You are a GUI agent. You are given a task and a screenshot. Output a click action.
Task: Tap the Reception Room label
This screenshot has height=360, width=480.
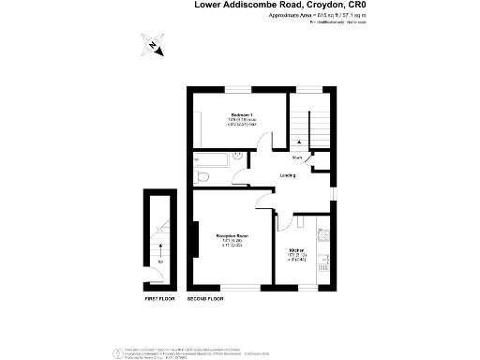(x=232, y=234)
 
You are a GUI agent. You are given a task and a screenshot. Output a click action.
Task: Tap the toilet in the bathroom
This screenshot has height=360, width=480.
(x=202, y=175)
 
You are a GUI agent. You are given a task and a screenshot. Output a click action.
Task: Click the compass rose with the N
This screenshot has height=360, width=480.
(x=153, y=43)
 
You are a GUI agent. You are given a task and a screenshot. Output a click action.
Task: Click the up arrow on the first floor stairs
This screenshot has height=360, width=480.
(x=159, y=247)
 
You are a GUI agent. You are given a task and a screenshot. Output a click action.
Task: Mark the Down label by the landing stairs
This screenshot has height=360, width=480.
(x=297, y=157)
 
